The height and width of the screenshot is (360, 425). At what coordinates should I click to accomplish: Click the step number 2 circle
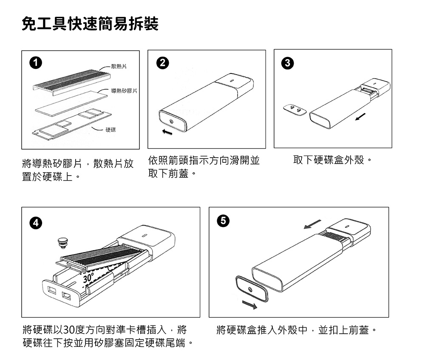click(x=161, y=63)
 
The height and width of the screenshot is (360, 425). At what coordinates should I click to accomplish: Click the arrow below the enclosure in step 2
click(x=167, y=133)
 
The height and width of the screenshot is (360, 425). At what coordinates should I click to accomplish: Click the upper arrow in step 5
click(x=313, y=224)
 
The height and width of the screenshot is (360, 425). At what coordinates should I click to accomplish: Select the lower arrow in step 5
click(x=249, y=304)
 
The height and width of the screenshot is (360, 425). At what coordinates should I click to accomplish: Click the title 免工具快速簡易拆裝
click(x=90, y=24)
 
